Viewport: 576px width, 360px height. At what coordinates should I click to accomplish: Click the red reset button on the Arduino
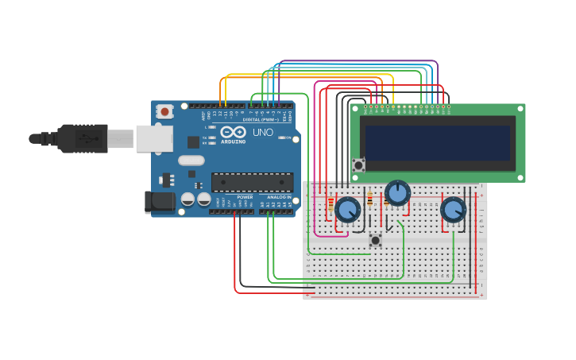click(x=164, y=111)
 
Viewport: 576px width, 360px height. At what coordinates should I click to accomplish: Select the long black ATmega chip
click(x=251, y=182)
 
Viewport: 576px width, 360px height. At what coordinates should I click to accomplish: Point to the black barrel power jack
click(x=160, y=202)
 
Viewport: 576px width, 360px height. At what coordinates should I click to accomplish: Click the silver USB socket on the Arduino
click(x=154, y=138)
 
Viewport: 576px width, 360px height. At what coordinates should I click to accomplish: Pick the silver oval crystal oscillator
click(x=191, y=161)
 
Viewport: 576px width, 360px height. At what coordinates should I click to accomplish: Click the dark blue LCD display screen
click(x=438, y=142)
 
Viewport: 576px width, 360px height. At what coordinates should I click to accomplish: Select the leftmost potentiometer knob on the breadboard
click(x=347, y=210)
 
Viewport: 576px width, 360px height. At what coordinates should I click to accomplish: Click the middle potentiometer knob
click(x=397, y=192)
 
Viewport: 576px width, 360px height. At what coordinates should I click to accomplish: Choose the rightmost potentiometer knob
click(x=453, y=210)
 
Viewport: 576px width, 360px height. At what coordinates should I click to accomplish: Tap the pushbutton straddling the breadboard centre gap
click(x=375, y=239)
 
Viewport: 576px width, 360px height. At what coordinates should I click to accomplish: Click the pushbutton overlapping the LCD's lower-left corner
click(x=359, y=165)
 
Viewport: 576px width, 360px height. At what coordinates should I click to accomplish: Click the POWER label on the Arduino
click(x=245, y=197)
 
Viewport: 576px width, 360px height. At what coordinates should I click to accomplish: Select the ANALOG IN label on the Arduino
click(x=278, y=197)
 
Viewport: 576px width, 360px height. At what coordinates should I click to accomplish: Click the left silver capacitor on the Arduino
click(x=188, y=199)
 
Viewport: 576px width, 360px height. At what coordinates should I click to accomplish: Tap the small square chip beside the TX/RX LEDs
click(x=193, y=142)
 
